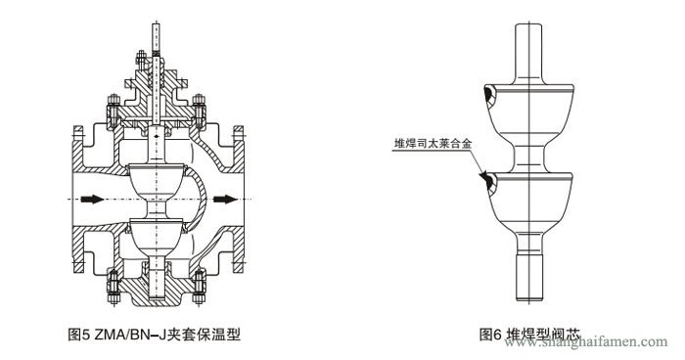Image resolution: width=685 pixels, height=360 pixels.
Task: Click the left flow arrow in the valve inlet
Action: pos(90,200)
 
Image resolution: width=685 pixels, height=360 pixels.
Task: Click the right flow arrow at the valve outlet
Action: pos(223,200)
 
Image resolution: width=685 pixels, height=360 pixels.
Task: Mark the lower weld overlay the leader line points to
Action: pos(485,180)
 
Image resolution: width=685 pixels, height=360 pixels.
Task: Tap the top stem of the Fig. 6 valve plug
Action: pos(530,44)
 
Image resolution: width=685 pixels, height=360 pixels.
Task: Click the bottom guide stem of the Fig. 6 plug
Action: pos(530,274)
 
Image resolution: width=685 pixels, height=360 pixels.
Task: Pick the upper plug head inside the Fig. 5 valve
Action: pos(156,181)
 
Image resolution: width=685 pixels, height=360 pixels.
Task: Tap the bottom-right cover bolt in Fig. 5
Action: pos(199,285)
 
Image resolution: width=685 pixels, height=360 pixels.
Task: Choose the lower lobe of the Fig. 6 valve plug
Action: pos(530,201)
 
